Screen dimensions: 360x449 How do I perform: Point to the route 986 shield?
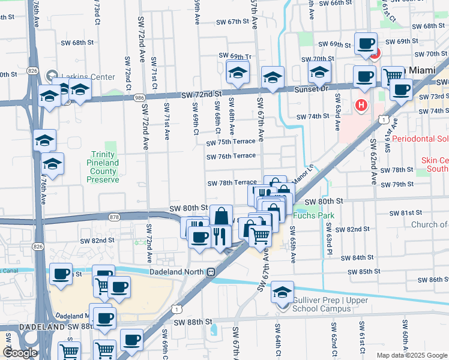[139, 97]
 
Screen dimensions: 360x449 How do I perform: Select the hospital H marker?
[361, 106]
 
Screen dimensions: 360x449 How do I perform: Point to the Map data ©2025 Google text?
[412, 355]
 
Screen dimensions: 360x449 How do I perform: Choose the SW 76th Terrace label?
[231, 156]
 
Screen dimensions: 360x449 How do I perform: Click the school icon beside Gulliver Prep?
[282, 292]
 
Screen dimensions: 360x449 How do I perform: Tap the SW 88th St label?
[194, 322]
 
